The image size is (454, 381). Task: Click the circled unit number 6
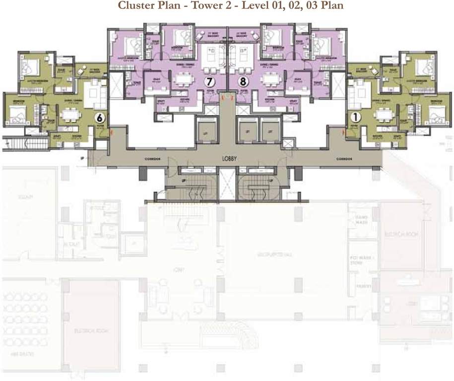click(x=99, y=118)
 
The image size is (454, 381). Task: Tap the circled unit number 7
click(x=210, y=83)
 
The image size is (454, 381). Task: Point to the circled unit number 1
click(x=355, y=118)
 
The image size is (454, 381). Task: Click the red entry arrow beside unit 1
click(x=343, y=132)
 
